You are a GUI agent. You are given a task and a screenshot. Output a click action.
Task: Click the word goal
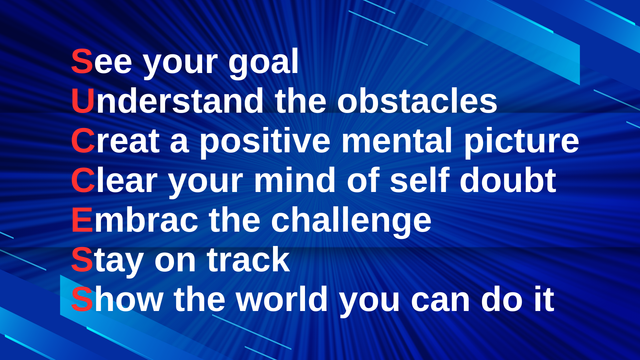click(x=263, y=64)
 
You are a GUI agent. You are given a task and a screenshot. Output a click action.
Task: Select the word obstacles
click(x=417, y=101)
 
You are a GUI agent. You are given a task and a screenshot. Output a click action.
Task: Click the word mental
click(x=397, y=140)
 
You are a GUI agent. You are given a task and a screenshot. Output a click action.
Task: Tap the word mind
click(x=295, y=180)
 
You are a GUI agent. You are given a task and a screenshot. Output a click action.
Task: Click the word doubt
click(x=508, y=180)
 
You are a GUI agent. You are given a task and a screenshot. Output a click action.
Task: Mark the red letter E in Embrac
click(x=82, y=220)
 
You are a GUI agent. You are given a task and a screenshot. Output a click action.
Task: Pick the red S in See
click(x=82, y=61)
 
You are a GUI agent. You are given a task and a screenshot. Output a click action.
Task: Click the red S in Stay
click(x=82, y=260)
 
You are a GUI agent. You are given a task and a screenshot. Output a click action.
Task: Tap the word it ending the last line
click(x=544, y=299)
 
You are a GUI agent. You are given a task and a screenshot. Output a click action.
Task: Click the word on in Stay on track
click(x=175, y=261)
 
